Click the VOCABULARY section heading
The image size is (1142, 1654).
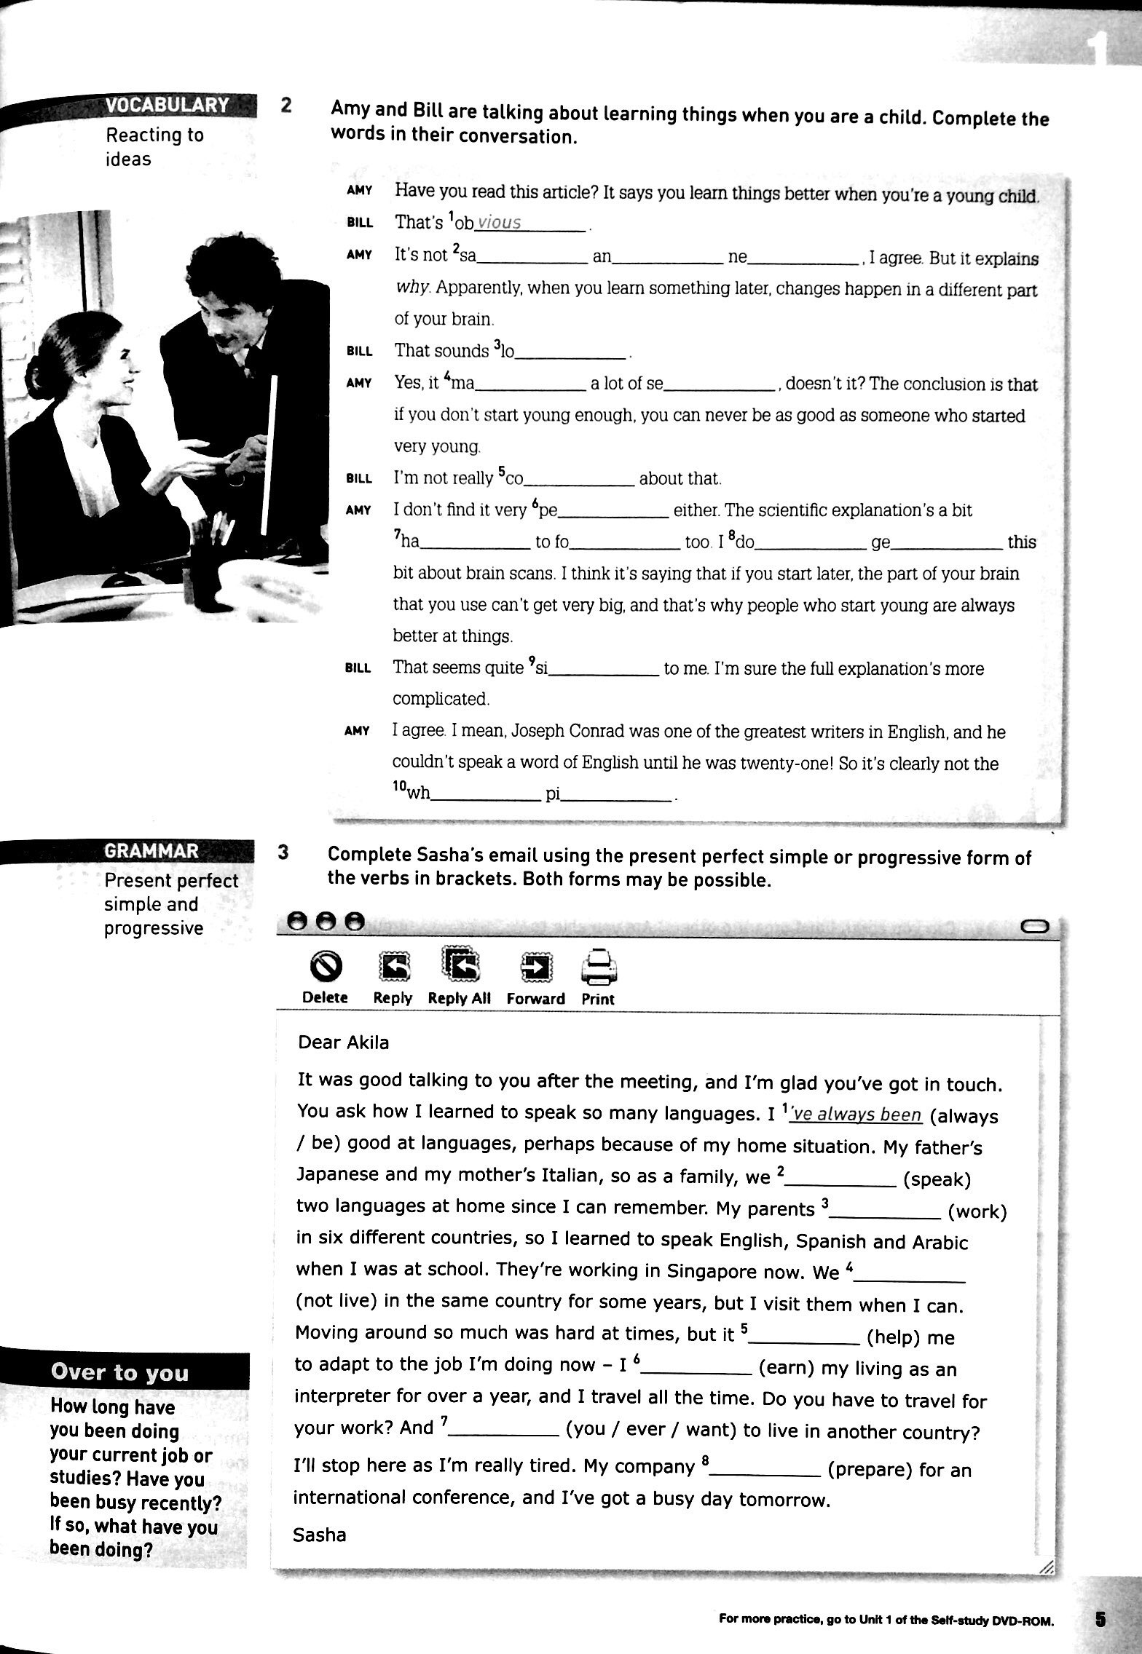(167, 106)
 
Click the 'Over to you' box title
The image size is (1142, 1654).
(119, 1372)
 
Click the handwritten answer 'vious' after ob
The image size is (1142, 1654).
(499, 223)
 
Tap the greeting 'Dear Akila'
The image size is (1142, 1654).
(344, 1042)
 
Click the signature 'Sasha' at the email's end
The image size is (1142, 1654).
(319, 1535)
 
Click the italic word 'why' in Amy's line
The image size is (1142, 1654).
(412, 289)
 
